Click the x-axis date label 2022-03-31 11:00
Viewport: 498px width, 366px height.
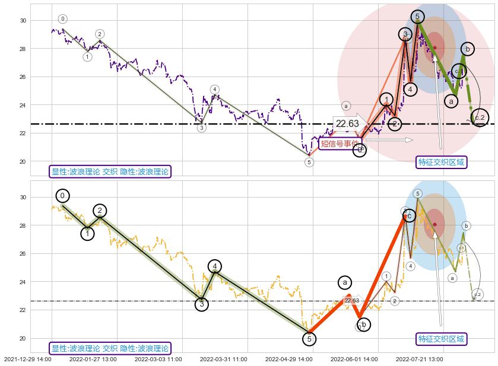223,359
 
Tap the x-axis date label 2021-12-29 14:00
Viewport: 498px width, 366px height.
28,359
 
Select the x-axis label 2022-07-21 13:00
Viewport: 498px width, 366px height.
419,359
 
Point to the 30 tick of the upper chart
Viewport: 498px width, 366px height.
23,21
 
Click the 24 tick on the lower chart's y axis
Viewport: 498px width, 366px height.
23,282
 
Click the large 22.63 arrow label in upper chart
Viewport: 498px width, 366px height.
347,123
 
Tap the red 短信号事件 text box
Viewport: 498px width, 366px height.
340,143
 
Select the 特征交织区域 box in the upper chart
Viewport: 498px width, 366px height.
441,162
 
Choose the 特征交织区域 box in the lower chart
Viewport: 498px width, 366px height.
441,339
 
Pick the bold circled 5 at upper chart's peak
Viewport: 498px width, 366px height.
417,17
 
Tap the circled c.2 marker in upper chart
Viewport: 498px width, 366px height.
480,117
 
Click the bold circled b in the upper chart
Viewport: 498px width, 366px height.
467,49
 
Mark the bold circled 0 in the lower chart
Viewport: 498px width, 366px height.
62,196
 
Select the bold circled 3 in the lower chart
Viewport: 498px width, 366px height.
202,304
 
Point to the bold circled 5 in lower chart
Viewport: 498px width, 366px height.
309,339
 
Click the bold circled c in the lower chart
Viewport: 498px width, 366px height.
409,216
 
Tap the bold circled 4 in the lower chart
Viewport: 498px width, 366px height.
215,266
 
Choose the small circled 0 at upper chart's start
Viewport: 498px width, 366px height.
63,19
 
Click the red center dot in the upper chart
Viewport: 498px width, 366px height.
435,47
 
